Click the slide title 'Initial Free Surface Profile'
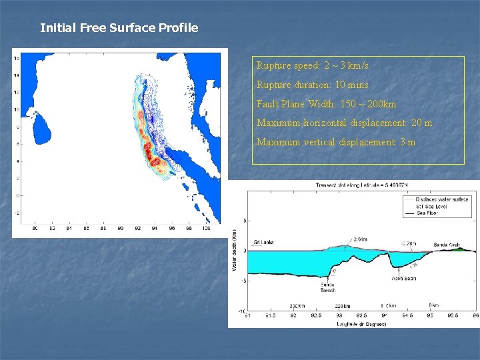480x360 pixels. [x=119, y=28]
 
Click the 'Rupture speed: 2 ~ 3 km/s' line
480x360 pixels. [x=312, y=66]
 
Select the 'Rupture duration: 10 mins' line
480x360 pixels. [x=312, y=85]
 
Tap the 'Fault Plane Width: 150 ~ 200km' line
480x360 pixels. [x=326, y=104]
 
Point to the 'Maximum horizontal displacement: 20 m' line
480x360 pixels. [x=344, y=123]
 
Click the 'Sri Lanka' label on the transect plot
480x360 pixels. [x=263, y=243]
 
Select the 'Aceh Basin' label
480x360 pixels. [x=404, y=278]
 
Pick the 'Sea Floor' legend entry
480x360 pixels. [x=427, y=213]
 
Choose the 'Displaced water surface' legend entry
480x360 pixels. [x=441, y=199]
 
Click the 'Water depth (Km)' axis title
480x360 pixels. [x=234, y=251]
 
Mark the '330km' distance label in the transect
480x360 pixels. [x=297, y=306]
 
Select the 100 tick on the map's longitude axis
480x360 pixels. [x=206, y=228]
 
